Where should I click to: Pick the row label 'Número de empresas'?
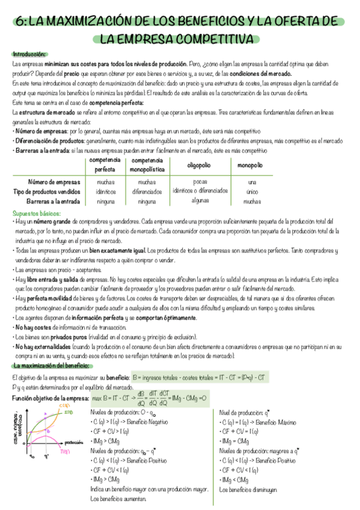[54, 182]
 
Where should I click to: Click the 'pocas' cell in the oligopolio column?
[200, 180]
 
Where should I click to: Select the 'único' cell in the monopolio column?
[252, 192]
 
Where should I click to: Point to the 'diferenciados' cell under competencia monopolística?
[147, 192]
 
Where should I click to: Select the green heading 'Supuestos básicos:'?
[37, 214]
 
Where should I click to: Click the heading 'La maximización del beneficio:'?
[52, 366]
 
